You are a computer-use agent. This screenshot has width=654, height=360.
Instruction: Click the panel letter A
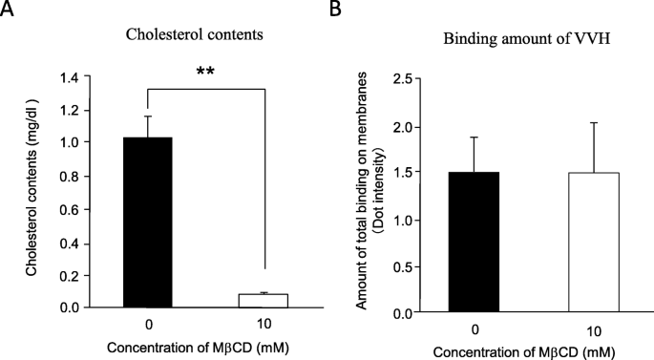(9, 9)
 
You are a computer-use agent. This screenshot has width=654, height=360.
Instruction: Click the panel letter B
(335, 9)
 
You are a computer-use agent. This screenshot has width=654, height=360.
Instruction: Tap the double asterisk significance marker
(204, 71)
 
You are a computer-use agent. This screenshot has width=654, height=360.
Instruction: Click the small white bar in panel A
(264, 300)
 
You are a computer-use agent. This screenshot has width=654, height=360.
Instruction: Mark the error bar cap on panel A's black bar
(148, 116)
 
